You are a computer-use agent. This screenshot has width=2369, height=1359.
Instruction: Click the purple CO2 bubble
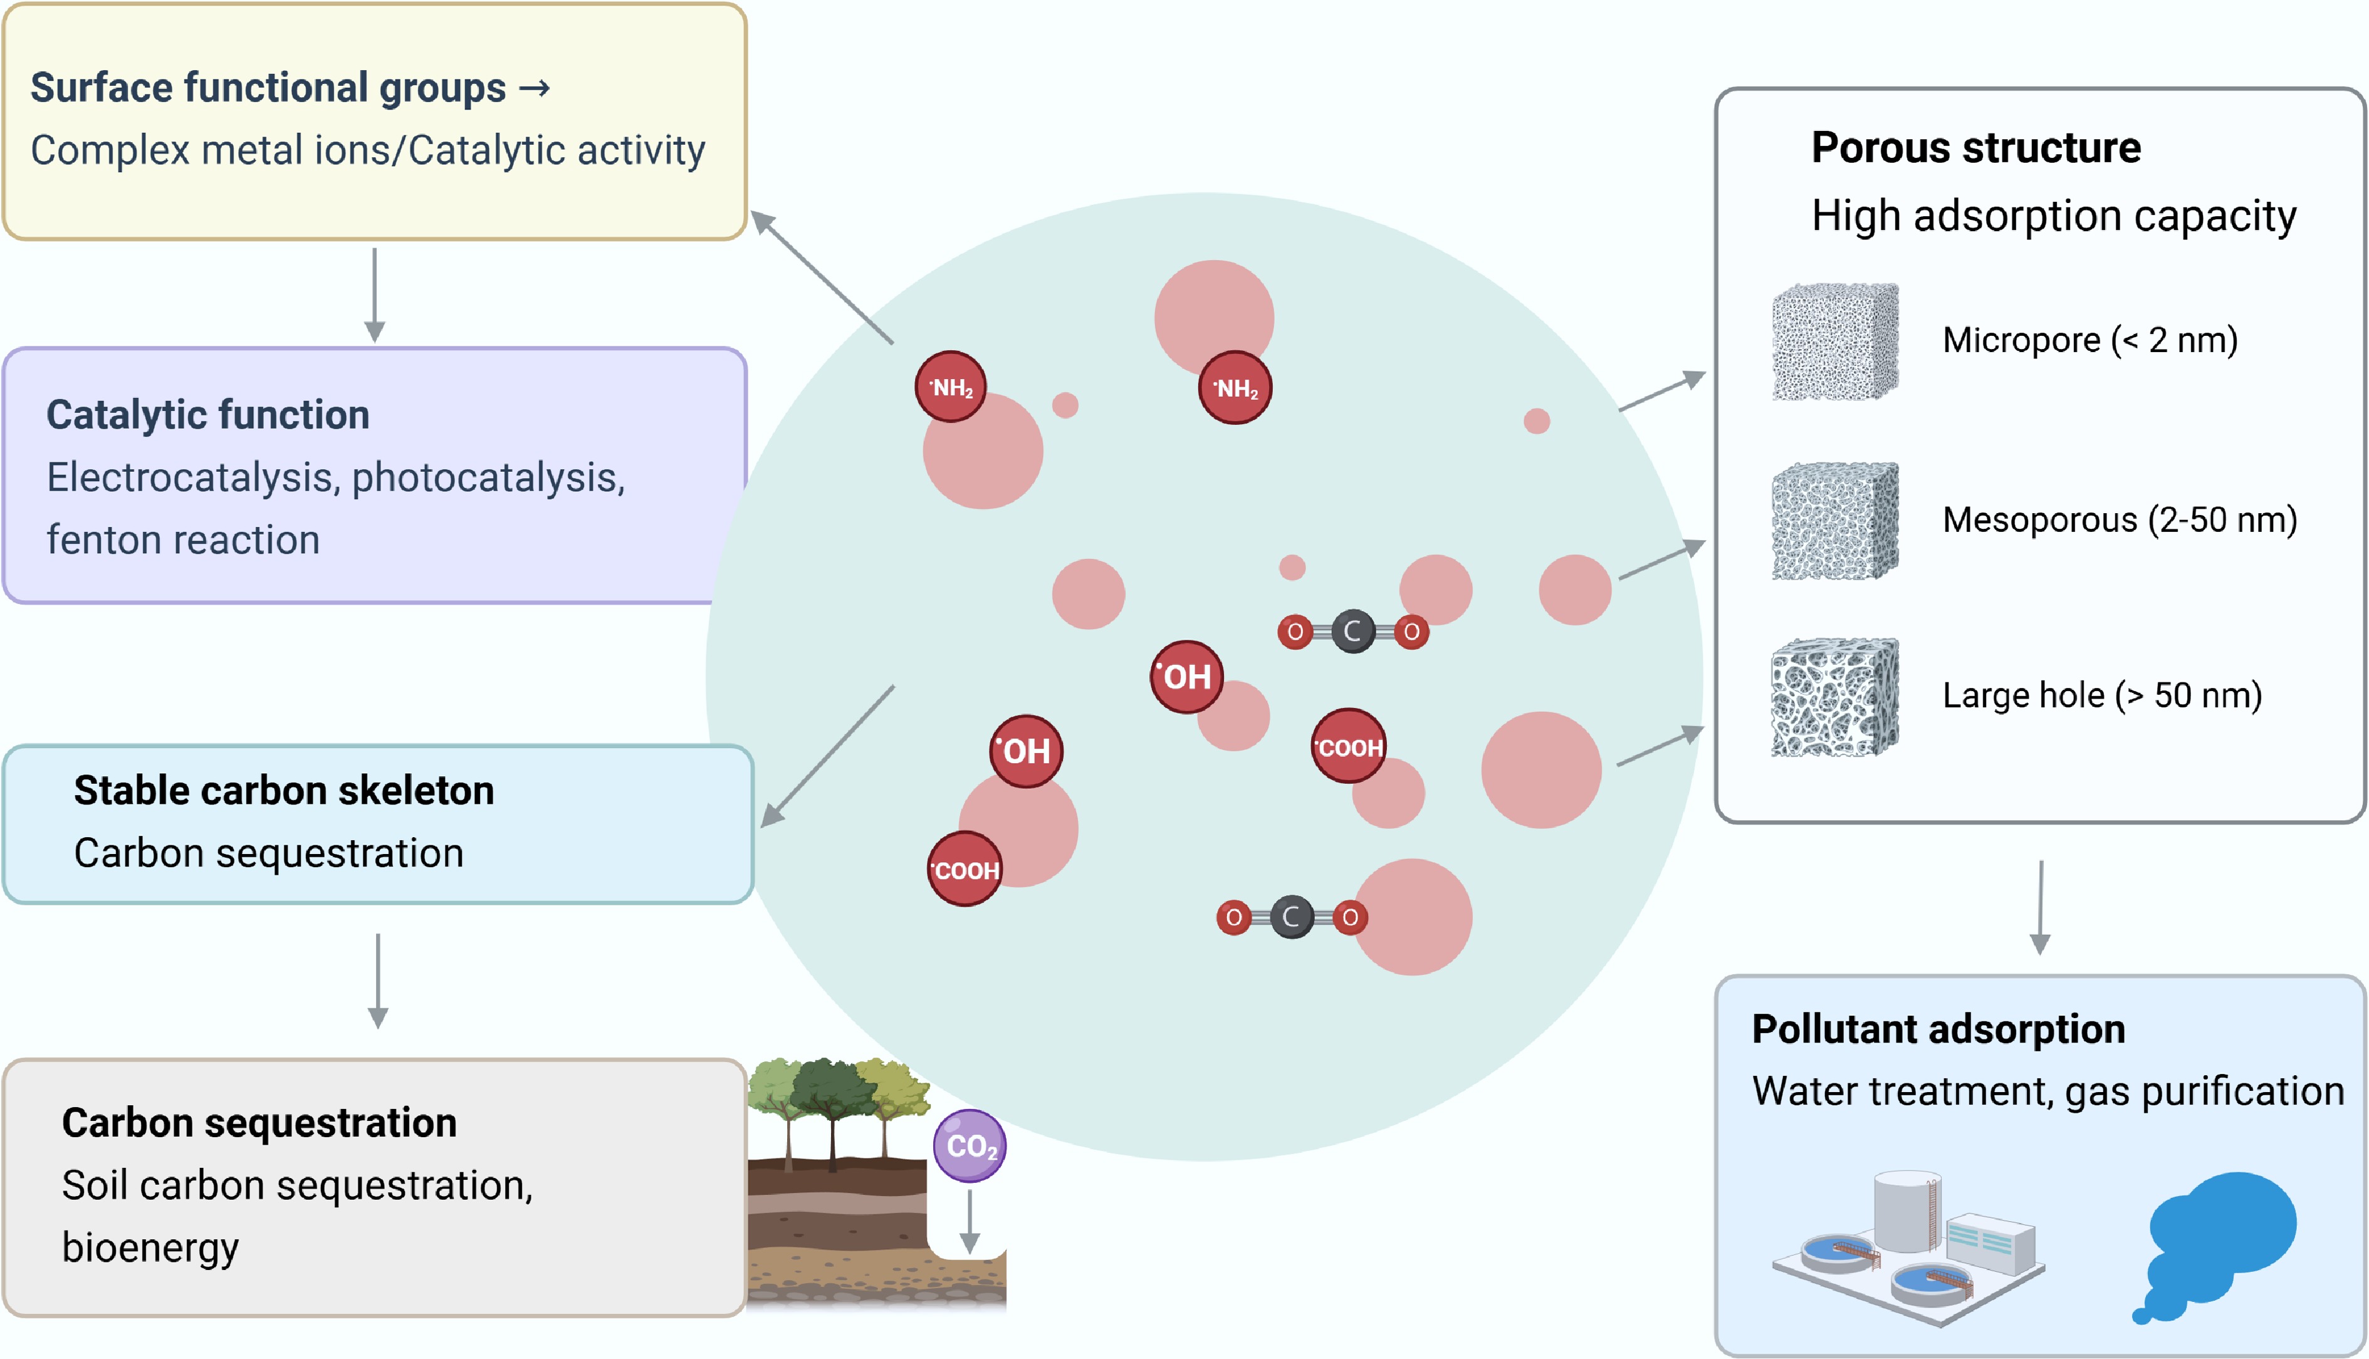[970, 1145]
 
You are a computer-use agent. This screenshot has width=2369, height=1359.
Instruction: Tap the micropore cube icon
[1835, 341]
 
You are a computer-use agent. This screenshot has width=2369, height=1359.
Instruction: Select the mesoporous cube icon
[1835, 521]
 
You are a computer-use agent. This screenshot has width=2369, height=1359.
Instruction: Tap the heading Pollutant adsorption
[1938, 1029]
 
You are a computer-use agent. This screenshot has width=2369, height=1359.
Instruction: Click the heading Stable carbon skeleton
[284, 791]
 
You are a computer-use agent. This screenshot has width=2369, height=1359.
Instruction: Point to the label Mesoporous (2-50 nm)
[2119, 520]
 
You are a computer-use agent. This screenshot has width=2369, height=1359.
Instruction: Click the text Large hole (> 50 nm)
[2101, 695]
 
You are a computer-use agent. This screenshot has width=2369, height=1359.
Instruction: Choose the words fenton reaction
[183, 541]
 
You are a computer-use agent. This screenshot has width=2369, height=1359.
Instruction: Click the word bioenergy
[150, 1248]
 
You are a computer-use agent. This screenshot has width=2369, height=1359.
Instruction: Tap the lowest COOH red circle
[965, 870]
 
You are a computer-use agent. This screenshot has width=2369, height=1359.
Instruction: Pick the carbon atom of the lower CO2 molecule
[1292, 917]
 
